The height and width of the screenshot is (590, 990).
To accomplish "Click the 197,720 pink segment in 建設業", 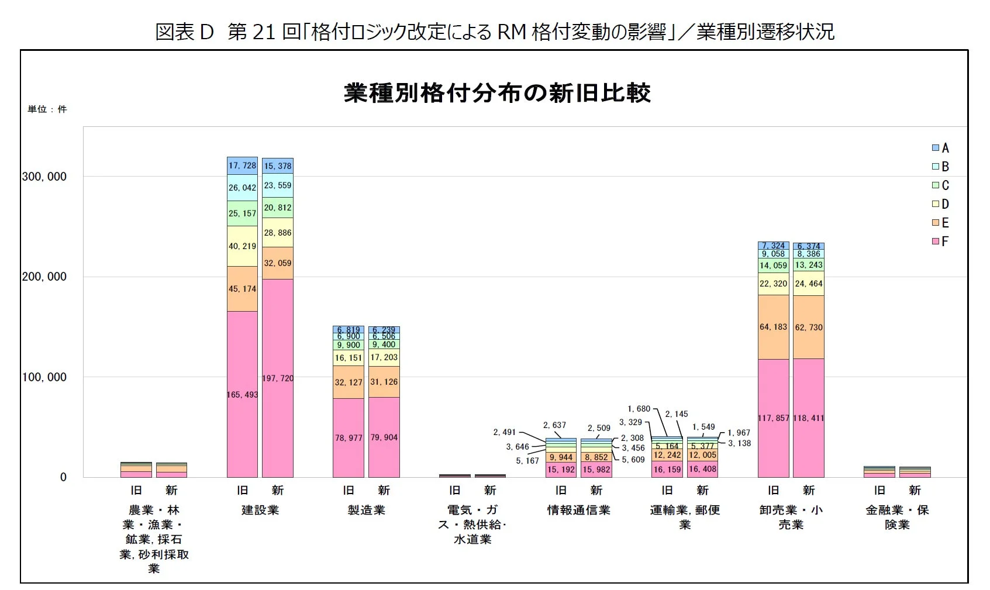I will [278, 409].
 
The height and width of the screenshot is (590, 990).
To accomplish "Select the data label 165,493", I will [242, 395].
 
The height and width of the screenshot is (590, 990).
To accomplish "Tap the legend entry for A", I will [940, 148].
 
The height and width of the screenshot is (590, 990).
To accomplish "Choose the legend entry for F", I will [940, 241].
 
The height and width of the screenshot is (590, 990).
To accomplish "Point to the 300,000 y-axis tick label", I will [44, 177].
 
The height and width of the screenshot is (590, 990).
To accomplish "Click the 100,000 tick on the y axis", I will [44, 377].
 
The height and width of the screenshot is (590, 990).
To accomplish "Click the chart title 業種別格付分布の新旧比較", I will [497, 93].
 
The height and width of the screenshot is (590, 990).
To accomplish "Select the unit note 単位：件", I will [47, 109].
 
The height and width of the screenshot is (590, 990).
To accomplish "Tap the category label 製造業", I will [366, 510].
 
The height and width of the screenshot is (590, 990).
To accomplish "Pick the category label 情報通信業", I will [578, 510].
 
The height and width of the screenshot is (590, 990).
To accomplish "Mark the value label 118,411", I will [809, 418].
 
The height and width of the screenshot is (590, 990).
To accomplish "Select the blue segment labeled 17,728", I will [242, 166].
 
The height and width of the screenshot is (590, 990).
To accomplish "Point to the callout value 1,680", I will [639, 409].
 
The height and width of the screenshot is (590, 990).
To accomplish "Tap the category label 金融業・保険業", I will [897, 517].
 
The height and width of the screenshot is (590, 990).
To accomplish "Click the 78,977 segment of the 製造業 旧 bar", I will [349, 438].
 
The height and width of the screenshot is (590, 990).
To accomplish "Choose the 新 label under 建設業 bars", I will [278, 490].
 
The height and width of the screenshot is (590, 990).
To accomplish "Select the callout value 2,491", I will [504, 432].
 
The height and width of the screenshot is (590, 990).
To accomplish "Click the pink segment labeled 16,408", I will [702, 469].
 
